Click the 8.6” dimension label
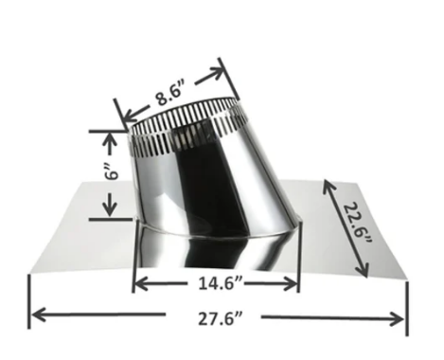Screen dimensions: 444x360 pyautogui.click(x=169, y=94)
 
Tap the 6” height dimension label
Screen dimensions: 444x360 pyautogui.click(x=112, y=171)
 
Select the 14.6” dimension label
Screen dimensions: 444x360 pyautogui.click(x=221, y=283)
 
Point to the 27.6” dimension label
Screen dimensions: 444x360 pyautogui.click(x=221, y=318)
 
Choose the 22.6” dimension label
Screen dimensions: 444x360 pyautogui.click(x=358, y=224)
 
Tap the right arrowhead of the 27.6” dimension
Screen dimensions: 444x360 pyautogui.click(x=397, y=318)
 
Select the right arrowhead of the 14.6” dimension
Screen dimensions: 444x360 pyautogui.click(x=290, y=283)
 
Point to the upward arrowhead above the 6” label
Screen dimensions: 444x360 pyautogui.click(x=110, y=140)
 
